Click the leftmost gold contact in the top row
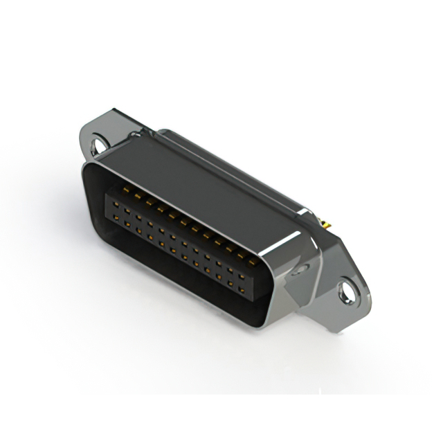[127, 189]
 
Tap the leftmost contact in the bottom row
[116, 215]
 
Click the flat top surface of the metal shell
[208, 180]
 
